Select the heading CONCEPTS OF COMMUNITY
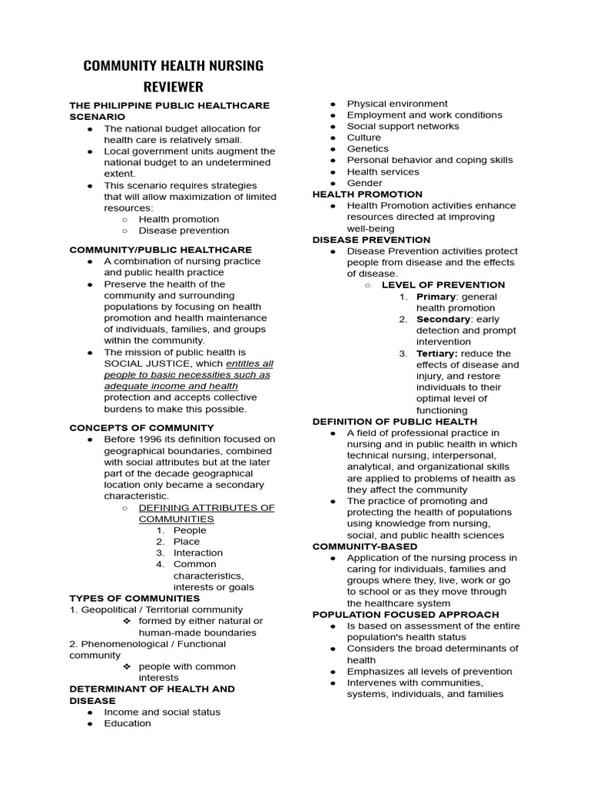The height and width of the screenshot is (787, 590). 141,428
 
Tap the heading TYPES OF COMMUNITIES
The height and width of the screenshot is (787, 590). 134,599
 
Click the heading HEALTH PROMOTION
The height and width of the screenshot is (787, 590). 367,194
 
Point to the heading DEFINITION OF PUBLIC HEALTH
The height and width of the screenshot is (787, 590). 394,422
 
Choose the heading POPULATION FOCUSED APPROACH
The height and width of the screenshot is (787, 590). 405,615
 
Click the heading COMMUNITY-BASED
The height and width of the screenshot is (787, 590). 365,546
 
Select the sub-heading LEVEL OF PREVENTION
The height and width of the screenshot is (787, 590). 443,285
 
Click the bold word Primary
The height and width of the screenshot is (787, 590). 436,297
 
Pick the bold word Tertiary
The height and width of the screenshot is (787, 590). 436,354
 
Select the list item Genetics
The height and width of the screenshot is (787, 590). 368,149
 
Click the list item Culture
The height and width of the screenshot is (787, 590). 364,138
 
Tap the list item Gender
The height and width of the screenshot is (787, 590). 365,183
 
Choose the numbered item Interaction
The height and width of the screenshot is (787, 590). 198,553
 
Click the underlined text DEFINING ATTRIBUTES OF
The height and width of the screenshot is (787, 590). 207,508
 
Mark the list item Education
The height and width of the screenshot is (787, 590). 128,723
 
